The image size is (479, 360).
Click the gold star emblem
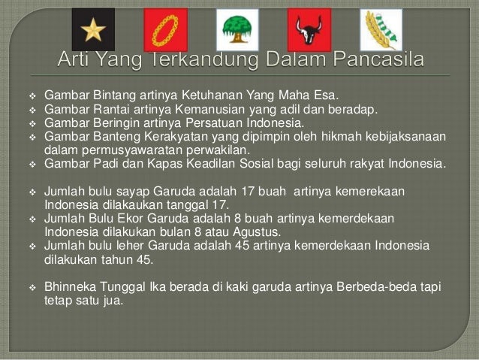(93, 29)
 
